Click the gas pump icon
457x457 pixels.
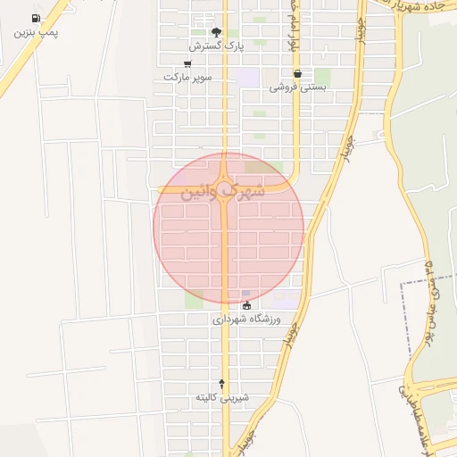pyautogui.click(x=36, y=18)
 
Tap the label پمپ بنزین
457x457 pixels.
pyautogui.click(x=36, y=32)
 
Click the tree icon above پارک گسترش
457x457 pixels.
pyautogui.click(x=215, y=31)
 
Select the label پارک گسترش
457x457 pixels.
pyautogui.click(x=215, y=45)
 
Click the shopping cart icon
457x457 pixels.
pyautogui.click(x=187, y=64)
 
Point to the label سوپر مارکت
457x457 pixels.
pyautogui.click(x=187, y=78)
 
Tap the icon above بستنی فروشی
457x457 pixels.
pyautogui.click(x=297, y=74)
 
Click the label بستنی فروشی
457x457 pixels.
pyautogui.click(x=297, y=87)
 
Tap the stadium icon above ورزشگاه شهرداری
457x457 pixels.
pyautogui.click(x=247, y=305)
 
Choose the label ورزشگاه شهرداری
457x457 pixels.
pyautogui.click(x=247, y=319)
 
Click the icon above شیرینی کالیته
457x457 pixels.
pyautogui.click(x=222, y=383)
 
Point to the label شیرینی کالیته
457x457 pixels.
pyautogui.click(x=222, y=396)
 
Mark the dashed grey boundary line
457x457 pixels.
pyautogui.click(x=401, y=321)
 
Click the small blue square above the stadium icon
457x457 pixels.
pyautogui.click(x=246, y=293)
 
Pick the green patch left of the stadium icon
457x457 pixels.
pyautogui.click(x=194, y=299)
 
